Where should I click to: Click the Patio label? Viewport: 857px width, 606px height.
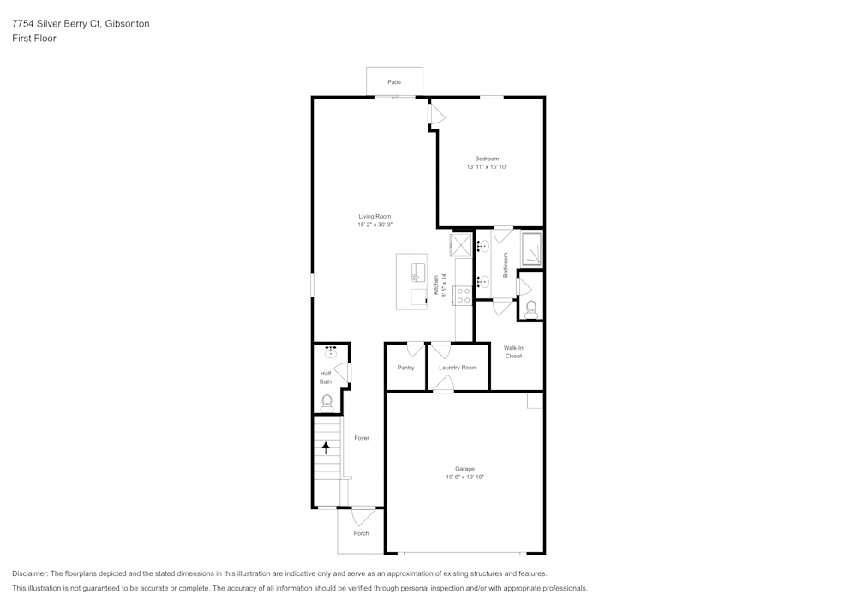click(x=393, y=82)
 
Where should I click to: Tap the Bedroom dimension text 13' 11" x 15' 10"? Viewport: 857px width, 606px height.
click(x=488, y=167)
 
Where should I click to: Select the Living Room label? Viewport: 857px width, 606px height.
click(x=375, y=216)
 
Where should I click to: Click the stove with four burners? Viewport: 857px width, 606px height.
click(x=464, y=296)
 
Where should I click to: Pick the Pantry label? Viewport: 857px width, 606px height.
click(x=405, y=368)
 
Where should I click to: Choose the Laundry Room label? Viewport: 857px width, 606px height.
click(x=458, y=368)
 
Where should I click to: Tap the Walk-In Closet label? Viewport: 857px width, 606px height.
click(x=513, y=351)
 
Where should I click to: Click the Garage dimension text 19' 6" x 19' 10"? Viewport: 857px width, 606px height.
click(x=464, y=477)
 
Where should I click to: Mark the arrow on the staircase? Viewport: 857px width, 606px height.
click(x=326, y=446)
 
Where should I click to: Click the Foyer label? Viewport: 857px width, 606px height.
click(x=362, y=438)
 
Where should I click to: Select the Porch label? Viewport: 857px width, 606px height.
click(x=362, y=533)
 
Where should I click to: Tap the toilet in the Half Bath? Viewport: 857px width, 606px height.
click(x=327, y=401)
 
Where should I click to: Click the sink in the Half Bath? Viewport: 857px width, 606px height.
click(x=331, y=351)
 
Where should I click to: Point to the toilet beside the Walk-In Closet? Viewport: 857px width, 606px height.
click(x=531, y=307)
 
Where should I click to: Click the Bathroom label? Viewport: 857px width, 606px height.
click(x=506, y=265)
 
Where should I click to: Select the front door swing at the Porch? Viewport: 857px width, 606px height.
click(x=363, y=516)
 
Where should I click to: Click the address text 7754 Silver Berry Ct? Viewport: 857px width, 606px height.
click(x=56, y=24)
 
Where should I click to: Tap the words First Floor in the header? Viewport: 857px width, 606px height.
click(x=34, y=39)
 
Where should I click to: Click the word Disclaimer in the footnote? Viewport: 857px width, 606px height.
click(x=30, y=573)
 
